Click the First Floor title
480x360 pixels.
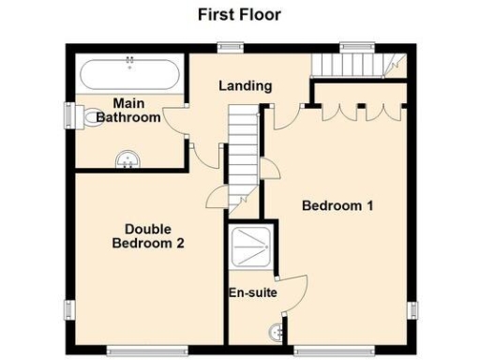pyautogui.click(x=239, y=14)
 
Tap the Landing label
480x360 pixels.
pyautogui.click(x=245, y=85)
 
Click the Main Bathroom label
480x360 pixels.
pyautogui.click(x=132, y=111)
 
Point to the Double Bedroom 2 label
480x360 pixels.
pyautogui.click(x=147, y=235)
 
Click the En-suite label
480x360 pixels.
pyautogui.click(x=252, y=292)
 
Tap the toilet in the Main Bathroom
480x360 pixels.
pyautogui.click(x=87, y=115)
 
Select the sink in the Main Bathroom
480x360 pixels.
pyautogui.click(x=127, y=160)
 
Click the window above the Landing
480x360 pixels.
pyautogui.click(x=227, y=44)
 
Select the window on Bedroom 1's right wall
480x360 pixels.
pyautogui.click(x=411, y=310)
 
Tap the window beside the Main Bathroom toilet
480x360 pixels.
pyautogui.click(x=68, y=112)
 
